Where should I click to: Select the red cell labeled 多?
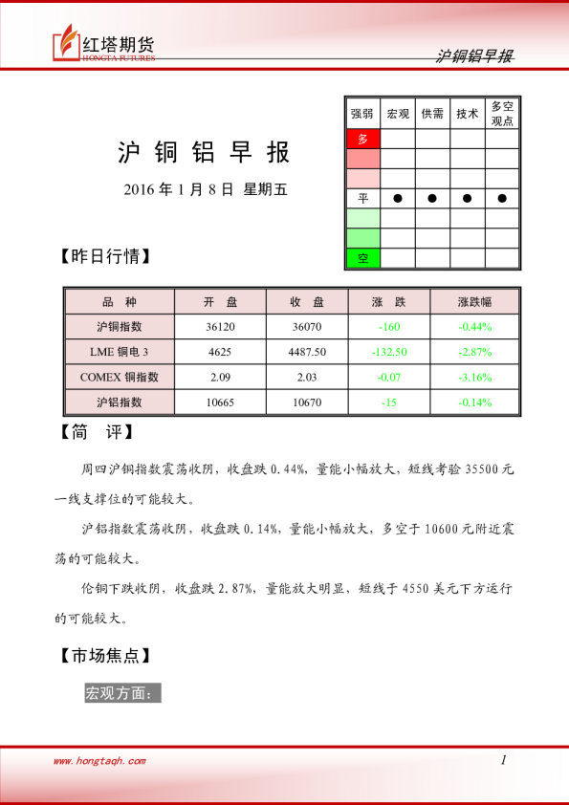[x=362, y=139]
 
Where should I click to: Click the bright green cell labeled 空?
[x=362, y=258]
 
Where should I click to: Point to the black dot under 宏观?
[x=398, y=198]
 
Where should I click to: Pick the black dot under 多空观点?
[x=502, y=198]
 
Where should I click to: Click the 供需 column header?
[x=432, y=114]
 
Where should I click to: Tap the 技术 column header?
[x=467, y=114]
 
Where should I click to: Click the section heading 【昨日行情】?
[x=104, y=257]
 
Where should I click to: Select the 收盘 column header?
[x=307, y=302]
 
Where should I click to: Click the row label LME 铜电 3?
[x=120, y=352]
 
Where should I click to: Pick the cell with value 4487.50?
[x=307, y=352]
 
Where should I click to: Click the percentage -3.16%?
[x=474, y=377]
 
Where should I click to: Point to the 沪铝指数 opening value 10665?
[x=220, y=402]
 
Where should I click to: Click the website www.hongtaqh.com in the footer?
[x=99, y=761]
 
